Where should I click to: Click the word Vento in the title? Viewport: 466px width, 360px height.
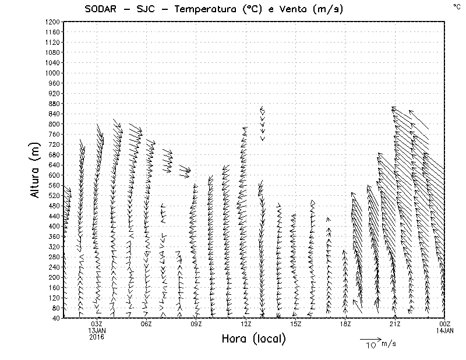coord(293,9)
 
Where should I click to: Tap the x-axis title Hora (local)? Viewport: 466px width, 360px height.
coord(253,338)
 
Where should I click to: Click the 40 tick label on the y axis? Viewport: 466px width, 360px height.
coord(55,318)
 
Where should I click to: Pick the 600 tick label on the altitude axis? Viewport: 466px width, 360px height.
coord(53,175)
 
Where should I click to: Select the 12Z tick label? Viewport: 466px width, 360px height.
coord(246,324)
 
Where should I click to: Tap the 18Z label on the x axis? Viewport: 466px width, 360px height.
coord(345,324)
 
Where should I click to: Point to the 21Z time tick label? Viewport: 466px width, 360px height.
coord(395,324)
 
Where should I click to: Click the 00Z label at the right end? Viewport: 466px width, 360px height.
coord(445,324)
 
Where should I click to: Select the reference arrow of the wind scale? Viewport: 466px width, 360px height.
coord(370,338)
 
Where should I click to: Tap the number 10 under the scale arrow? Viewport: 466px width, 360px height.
coord(370,345)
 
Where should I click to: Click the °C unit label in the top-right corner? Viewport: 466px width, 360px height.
coord(456,6)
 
